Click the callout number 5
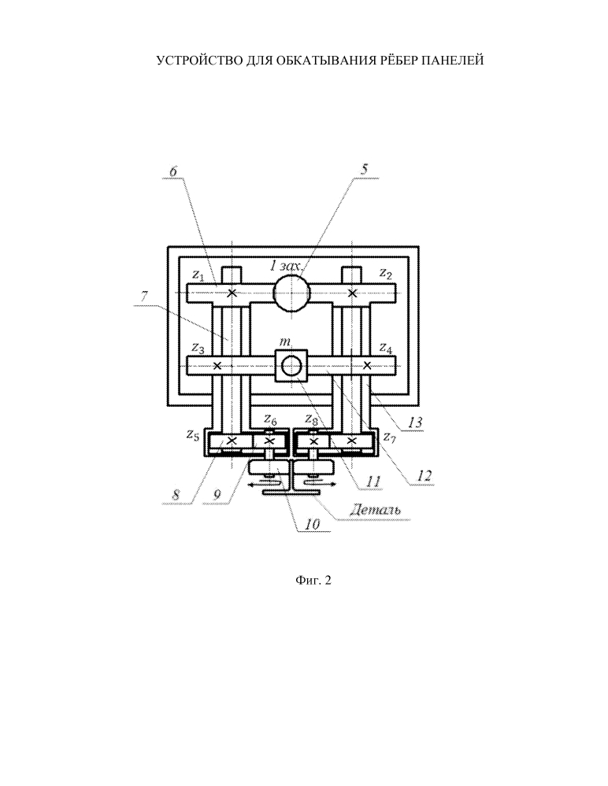pyautogui.click(x=364, y=169)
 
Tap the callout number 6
pyautogui.click(x=173, y=171)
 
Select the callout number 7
pyautogui.click(x=144, y=297)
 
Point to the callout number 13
pyautogui.click(x=415, y=422)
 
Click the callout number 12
pyautogui.click(x=424, y=474)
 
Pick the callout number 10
pyautogui.click(x=312, y=524)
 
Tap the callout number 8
pyautogui.click(x=176, y=495)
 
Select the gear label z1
pyautogui.click(x=198, y=275)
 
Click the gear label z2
pyautogui.click(x=385, y=273)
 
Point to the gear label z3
pyautogui.click(x=198, y=348)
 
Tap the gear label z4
pyautogui.click(x=385, y=347)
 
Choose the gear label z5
pyautogui.click(x=192, y=434)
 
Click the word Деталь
pyautogui.click(x=375, y=511)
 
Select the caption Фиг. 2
pyautogui.click(x=313, y=581)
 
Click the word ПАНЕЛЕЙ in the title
pyautogui.click(x=452, y=61)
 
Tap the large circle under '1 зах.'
pyautogui.click(x=292, y=293)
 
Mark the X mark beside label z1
pyautogui.click(x=232, y=293)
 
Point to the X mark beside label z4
pyautogui.click(x=367, y=365)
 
